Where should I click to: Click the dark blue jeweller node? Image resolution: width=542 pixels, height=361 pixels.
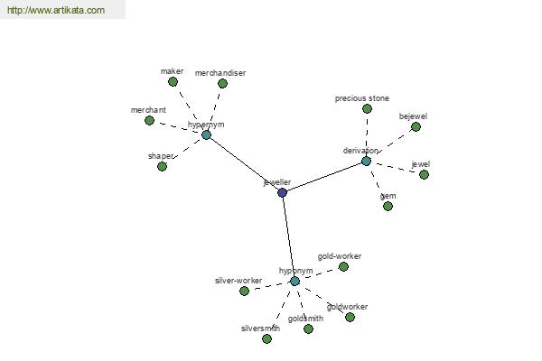tap(283, 192)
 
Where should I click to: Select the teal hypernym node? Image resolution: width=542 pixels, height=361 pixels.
tap(206, 134)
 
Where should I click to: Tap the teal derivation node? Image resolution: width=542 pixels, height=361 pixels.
tap(366, 161)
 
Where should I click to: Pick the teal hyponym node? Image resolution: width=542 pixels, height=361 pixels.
tap(294, 282)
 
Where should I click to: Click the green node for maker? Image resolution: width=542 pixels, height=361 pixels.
tap(173, 82)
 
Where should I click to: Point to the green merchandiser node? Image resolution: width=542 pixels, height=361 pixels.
tap(222, 83)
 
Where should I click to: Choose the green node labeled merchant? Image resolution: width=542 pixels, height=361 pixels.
tap(149, 121)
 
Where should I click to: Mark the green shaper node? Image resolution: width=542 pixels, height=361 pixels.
tap(162, 166)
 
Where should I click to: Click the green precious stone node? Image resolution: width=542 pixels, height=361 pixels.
tap(367, 109)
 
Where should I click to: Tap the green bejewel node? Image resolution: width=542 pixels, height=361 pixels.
tap(416, 126)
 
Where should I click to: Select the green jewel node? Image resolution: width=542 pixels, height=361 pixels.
tap(425, 174)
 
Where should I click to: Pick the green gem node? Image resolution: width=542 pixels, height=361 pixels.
tap(388, 207)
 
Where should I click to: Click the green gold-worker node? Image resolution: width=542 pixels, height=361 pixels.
tap(343, 267)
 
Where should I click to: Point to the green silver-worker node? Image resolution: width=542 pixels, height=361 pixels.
tap(244, 291)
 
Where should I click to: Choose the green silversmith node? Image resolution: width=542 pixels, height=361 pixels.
tap(266, 339)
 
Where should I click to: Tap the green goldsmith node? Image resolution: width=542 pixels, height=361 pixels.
tap(308, 329)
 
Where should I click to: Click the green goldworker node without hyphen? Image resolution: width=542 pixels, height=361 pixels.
tap(350, 317)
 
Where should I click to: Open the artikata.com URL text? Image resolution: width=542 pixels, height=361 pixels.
tap(56, 10)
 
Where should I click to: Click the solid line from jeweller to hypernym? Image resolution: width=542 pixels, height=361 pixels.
tap(245, 163)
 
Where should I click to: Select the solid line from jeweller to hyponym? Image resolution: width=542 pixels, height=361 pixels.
tap(289, 237)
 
